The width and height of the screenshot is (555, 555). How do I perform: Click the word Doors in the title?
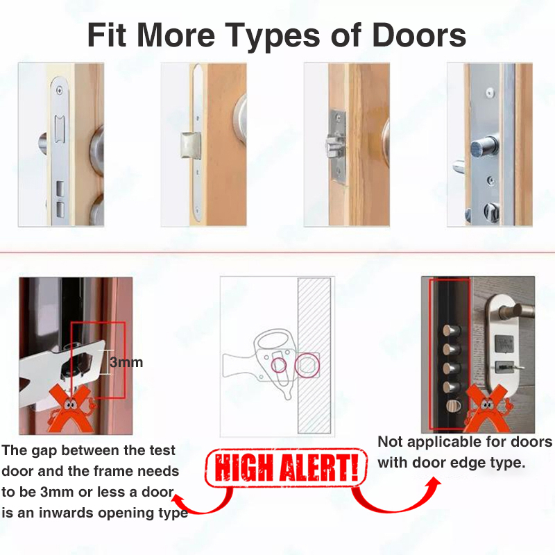tap(419, 35)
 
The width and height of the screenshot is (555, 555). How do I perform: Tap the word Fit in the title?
tap(107, 35)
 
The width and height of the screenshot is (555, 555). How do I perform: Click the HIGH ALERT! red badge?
tap(286, 468)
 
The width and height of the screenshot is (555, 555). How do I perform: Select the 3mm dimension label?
tap(126, 362)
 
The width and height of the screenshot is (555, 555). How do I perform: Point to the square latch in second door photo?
tap(190, 145)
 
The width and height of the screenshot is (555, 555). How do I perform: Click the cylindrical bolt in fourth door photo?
tap(484, 146)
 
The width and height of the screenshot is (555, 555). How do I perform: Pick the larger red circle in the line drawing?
tap(307, 366)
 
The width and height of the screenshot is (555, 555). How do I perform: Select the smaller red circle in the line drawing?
tap(279, 365)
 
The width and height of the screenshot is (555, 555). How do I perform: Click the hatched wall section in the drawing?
tap(314, 355)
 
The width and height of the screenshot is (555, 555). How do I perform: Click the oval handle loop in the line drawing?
tap(275, 340)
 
